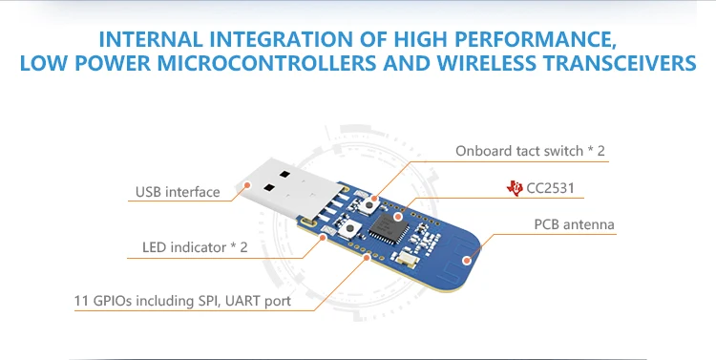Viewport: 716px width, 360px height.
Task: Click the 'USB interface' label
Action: [177, 192]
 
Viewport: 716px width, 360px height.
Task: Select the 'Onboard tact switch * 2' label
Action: [530, 151]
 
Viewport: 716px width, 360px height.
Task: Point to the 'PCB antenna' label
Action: [573, 225]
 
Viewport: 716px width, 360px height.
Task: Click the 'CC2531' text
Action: [551, 188]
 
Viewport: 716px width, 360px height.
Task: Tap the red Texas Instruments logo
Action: [515, 187]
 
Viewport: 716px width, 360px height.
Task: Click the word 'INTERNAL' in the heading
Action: [152, 41]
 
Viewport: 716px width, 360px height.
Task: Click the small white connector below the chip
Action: [406, 257]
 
